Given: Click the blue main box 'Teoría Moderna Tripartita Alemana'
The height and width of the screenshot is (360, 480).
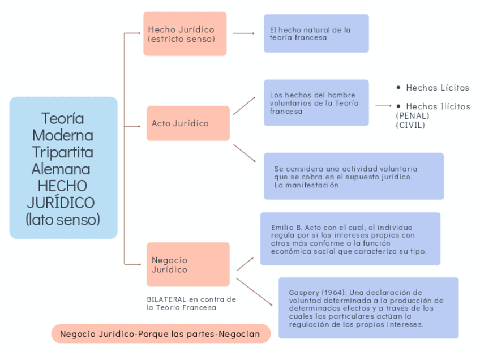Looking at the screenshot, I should pyautogui.click(x=63, y=168).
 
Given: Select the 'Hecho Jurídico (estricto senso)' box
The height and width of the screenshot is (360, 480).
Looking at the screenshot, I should pyautogui.click(x=185, y=34).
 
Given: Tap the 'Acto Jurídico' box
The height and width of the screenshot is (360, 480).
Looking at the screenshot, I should pyautogui.click(x=188, y=123).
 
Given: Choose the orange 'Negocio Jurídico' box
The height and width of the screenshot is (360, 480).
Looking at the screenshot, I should pyautogui.click(x=188, y=264).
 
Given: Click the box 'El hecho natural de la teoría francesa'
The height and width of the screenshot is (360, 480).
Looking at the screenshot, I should pyautogui.click(x=316, y=33).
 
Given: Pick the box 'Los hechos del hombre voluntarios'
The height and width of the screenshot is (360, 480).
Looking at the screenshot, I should pyautogui.click(x=316, y=102).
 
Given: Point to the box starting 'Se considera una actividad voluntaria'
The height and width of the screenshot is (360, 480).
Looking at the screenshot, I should pyautogui.click(x=353, y=176).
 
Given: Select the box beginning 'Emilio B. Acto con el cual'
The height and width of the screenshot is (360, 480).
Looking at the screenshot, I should pyautogui.click(x=350, y=239).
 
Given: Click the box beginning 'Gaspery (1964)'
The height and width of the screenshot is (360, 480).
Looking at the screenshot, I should pyautogui.click(x=368, y=308).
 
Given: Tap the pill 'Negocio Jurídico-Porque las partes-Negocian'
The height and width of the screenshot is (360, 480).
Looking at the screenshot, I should pyautogui.click(x=161, y=333).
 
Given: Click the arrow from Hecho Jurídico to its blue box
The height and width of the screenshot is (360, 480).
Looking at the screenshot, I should pyautogui.click(x=244, y=33).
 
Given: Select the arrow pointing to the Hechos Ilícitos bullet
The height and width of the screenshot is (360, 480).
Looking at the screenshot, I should pyautogui.click(x=383, y=106).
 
